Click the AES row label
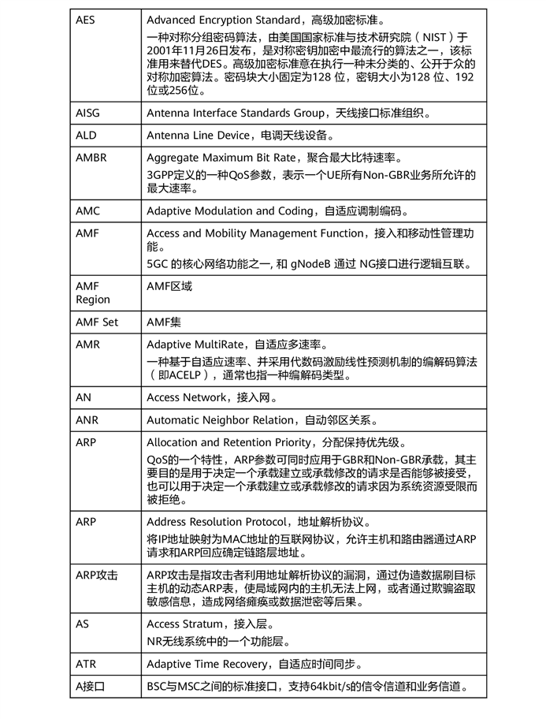pyautogui.click(x=85, y=20)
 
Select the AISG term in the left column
pyautogui.click(x=87, y=113)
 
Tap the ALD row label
pyautogui.click(x=86, y=136)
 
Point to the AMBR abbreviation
pyautogui.click(x=91, y=158)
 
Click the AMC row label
pyautogui.click(x=87, y=210)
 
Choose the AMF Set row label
pyautogui.click(x=97, y=322)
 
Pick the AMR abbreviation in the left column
pyautogui.click(x=87, y=345)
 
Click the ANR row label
pyautogui.click(x=87, y=420)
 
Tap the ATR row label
pyautogui.click(x=86, y=664)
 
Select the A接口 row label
pyautogui.click(x=90, y=687)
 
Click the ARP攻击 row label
pyautogui.click(x=96, y=575)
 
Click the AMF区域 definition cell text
pyautogui.click(x=169, y=286)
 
